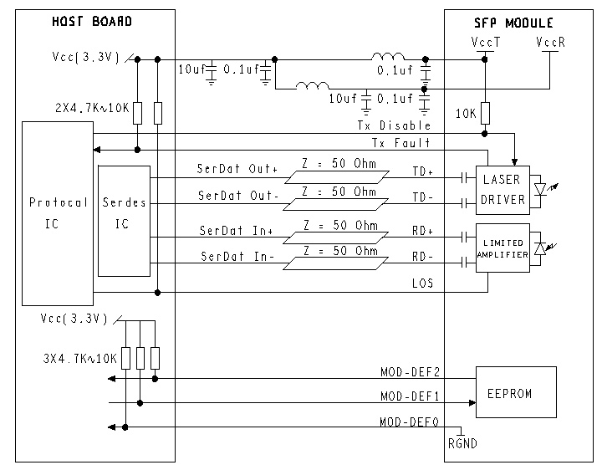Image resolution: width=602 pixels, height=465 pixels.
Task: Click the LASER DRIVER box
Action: coord(503,188)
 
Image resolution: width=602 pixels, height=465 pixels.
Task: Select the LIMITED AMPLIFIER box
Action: coord(503,247)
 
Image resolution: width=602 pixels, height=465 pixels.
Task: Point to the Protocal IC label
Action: coord(57,213)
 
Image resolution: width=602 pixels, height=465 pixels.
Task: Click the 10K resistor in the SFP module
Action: coord(485,113)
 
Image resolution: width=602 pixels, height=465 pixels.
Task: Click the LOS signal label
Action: coord(421,284)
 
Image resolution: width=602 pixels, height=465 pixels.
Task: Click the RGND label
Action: coord(463,444)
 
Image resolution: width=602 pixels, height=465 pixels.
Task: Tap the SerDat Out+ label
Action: coord(237,169)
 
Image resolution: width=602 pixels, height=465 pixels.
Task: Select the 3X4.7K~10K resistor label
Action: coord(80,358)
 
